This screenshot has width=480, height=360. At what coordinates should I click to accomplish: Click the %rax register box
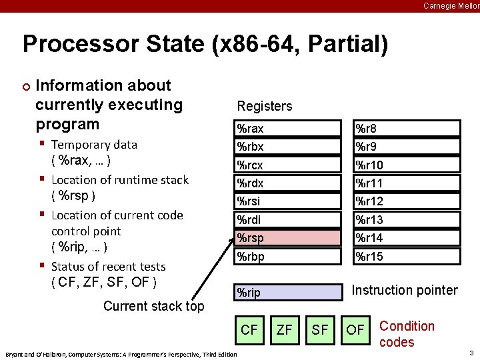[289, 128]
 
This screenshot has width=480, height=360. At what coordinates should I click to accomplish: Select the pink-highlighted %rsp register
[289, 237]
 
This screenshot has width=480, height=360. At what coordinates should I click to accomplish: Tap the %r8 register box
[407, 128]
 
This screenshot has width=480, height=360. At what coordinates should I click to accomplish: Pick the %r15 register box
[407, 256]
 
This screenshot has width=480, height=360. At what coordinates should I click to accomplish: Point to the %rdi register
[289, 219]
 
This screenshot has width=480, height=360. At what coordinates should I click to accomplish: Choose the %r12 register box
[407, 201]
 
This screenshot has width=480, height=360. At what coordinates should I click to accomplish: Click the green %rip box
[289, 292]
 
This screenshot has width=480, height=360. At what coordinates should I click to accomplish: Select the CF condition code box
[249, 330]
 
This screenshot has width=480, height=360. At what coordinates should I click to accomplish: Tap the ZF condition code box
[285, 330]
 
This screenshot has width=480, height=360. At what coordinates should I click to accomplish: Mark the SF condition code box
[320, 330]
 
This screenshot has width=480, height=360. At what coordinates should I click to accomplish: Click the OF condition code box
[355, 330]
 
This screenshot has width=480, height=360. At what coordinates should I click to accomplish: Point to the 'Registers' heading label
[265, 106]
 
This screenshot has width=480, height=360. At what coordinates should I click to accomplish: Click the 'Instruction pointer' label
[404, 290]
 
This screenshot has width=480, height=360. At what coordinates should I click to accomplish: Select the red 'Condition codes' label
[406, 334]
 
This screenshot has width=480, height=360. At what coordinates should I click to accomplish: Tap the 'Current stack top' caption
[154, 306]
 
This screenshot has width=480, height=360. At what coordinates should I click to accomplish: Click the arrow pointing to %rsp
[213, 267]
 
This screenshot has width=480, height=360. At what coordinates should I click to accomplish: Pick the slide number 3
[471, 351]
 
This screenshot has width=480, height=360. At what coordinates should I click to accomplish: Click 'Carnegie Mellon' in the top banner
[451, 5]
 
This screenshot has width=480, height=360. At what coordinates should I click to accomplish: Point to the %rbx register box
[289, 147]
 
